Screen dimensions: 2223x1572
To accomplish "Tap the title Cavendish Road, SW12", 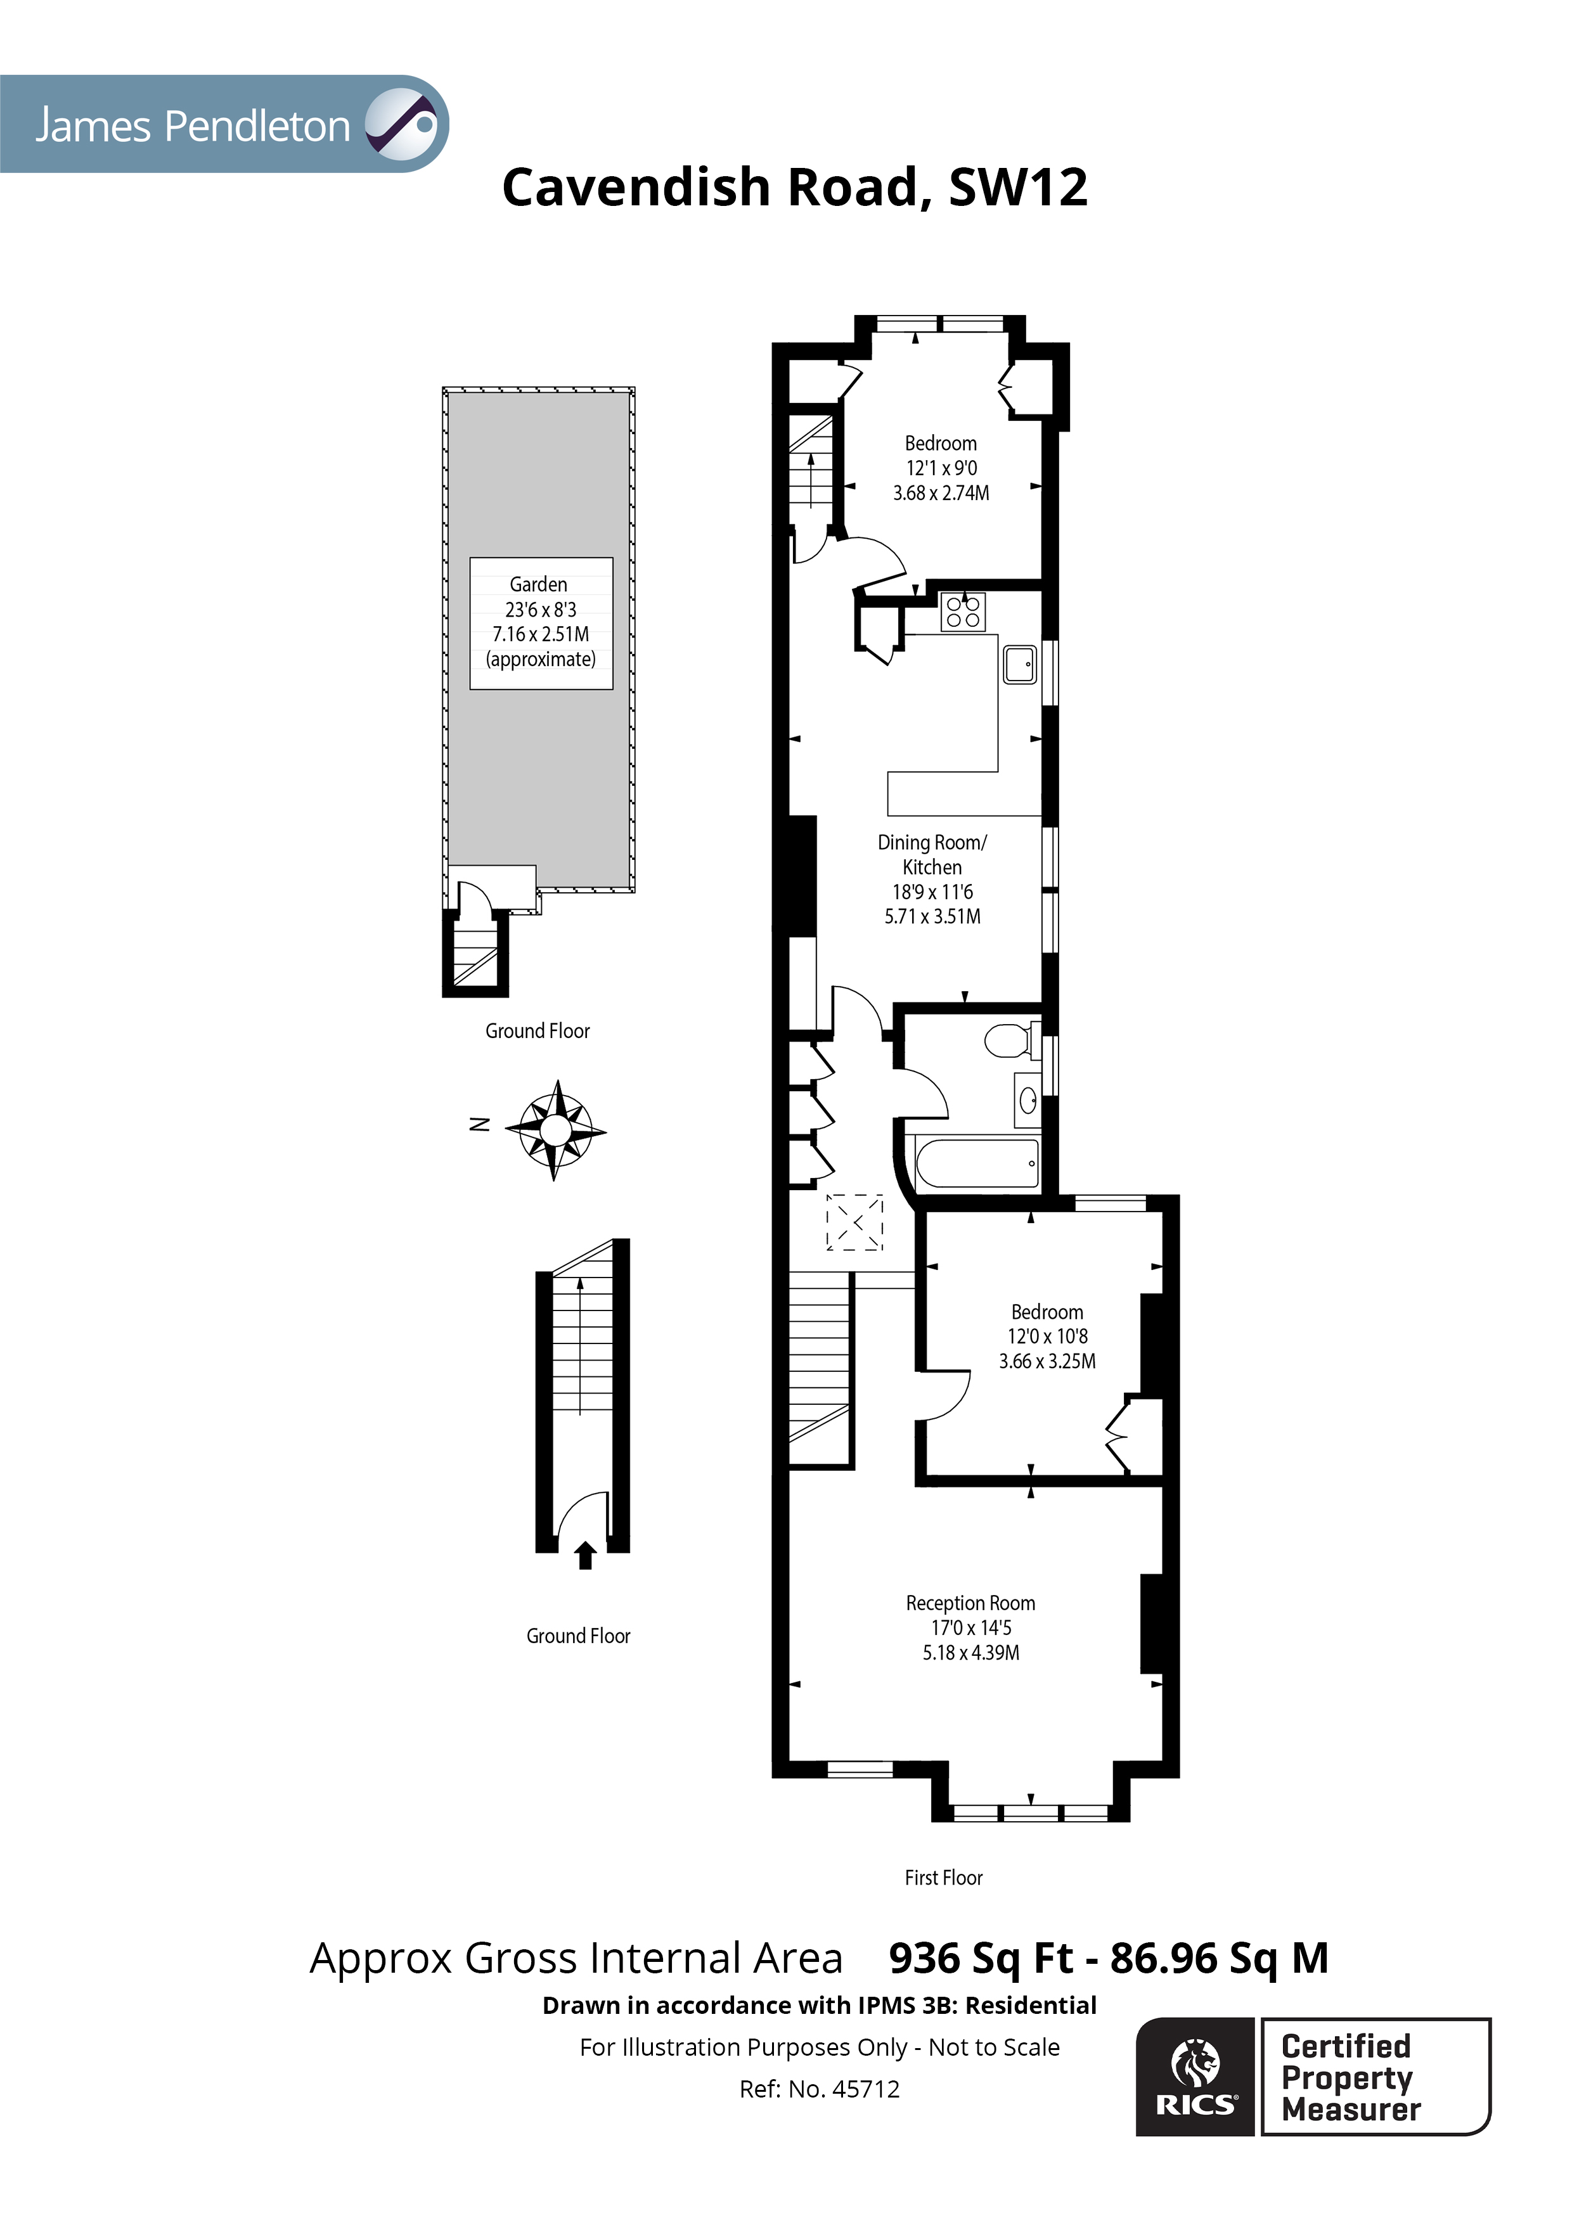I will (794, 187).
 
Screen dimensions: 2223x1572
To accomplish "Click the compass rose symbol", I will (555, 1130).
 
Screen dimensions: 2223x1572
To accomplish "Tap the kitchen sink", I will (1019, 664).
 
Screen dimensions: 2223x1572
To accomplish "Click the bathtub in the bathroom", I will (976, 1163).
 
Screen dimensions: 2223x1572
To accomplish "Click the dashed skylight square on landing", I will (854, 1222).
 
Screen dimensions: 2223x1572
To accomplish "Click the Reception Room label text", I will (970, 1603).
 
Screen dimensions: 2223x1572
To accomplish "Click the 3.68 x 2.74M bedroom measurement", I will (941, 493).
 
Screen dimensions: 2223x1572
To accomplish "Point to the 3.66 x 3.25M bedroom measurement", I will (1047, 1361).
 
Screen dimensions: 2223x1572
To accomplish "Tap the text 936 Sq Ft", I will (980, 1959).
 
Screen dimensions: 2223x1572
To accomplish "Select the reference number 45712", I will (865, 2089).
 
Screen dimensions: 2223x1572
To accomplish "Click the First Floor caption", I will (943, 1878).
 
